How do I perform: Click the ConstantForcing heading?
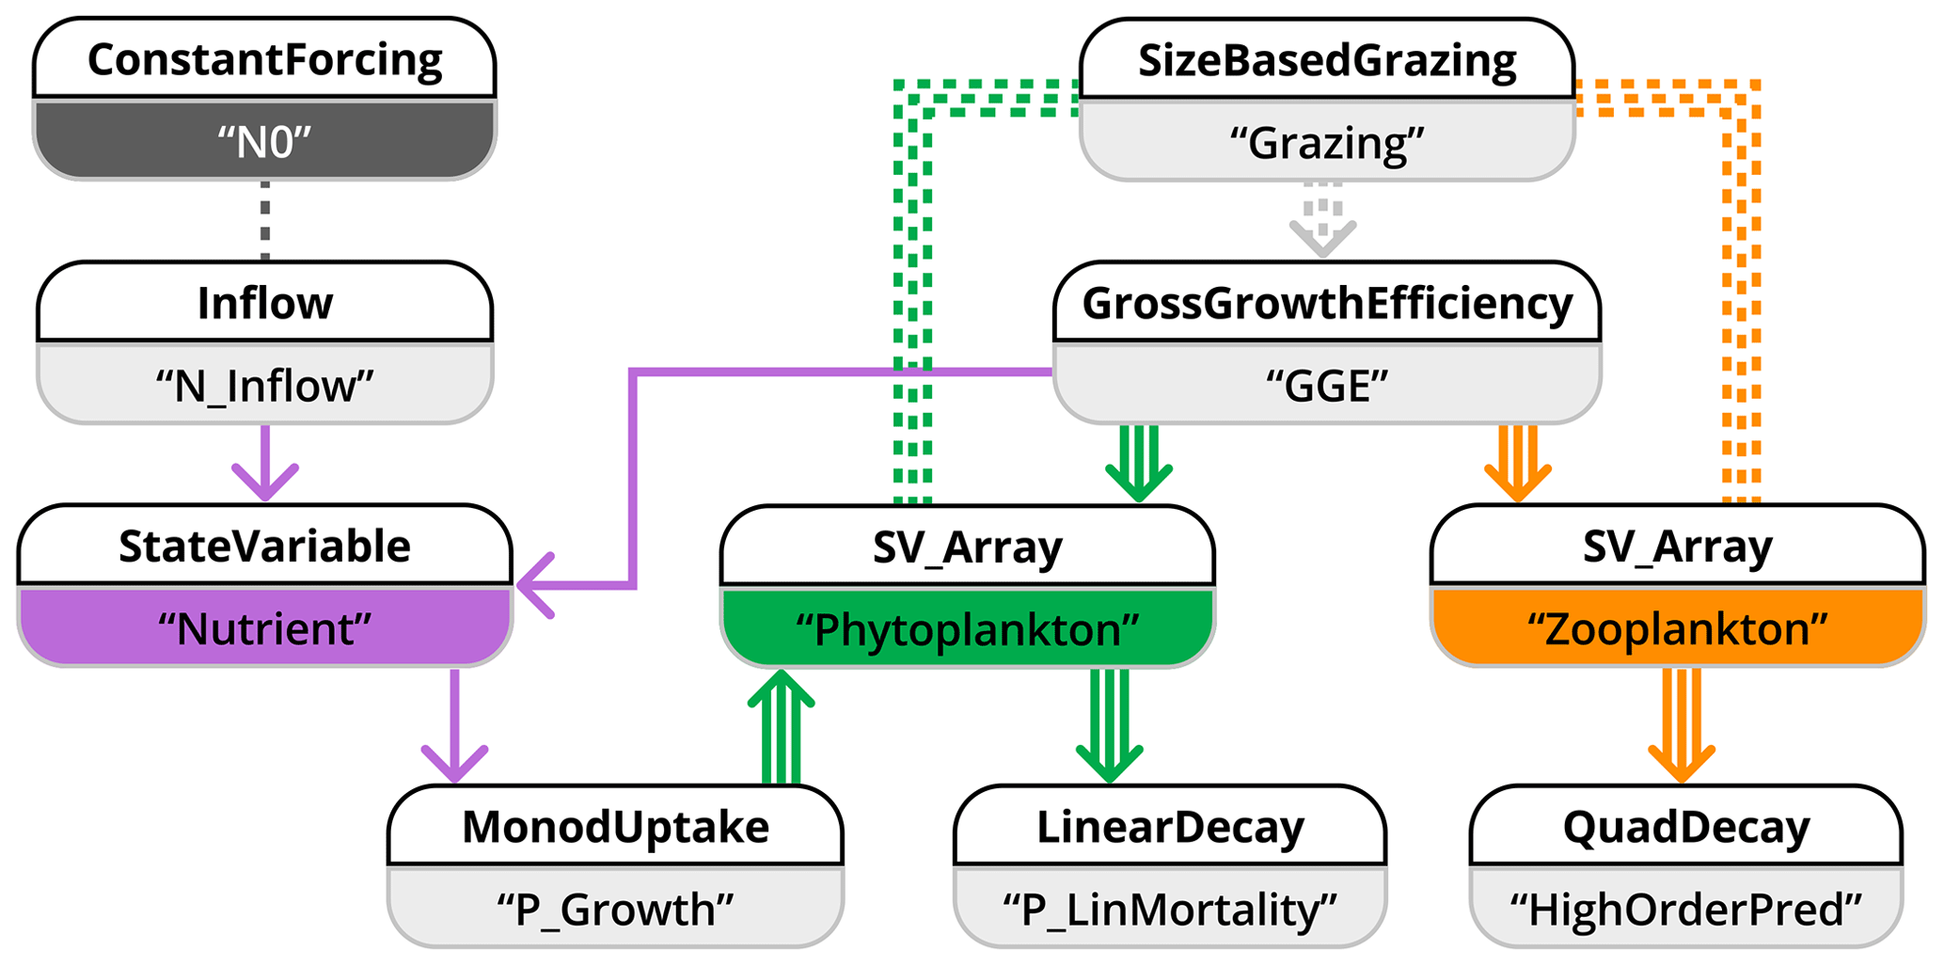tap(264, 60)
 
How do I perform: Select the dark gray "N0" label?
tap(264, 143)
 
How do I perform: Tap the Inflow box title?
tap(264, 304)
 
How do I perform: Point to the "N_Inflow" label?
tap(264, 387)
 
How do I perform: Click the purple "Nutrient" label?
tap(264, 628)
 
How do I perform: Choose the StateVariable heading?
tap(264, 546)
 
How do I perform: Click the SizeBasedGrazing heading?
tap(1327, 60)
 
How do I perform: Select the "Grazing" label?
tap(1327, 143)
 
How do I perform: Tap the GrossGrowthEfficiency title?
tap(1327, 304)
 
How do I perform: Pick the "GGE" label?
tap(1327, 387)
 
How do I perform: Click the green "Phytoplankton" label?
tap(967, 629)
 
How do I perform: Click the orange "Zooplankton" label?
tap(1677, 628)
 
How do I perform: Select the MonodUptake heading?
tap(615, 828)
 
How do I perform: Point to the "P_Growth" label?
tap(615, 910)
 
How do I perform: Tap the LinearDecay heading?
tap(1170, 828)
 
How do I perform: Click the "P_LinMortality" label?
tap(1170, 910)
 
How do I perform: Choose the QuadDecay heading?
tap(1686, 828)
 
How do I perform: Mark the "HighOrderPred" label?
tap(1686, 910)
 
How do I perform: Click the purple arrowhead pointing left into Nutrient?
tap(534, 586)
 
